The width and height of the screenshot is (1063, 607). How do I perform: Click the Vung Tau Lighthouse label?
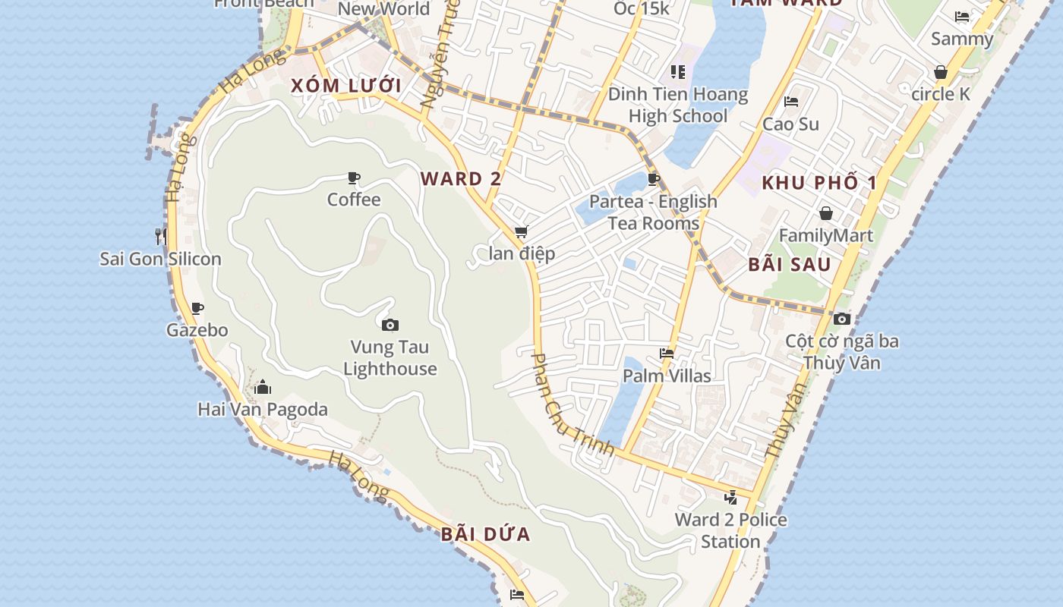tap(390, 358)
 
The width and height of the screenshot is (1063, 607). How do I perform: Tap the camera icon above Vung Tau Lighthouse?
tap(390, 325)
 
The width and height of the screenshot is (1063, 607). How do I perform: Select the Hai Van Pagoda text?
tap(263, 410)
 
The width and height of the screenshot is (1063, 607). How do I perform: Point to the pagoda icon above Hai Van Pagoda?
tap(263, 387)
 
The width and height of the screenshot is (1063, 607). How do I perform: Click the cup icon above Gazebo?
tap(197, 308)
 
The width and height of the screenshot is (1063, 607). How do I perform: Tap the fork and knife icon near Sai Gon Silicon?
tap(161, 236)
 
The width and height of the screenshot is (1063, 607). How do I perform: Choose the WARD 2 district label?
tap(461, 179)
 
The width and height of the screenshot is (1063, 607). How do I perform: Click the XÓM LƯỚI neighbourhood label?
tap(345, 86)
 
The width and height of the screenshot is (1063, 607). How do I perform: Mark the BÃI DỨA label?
tap(486, 534)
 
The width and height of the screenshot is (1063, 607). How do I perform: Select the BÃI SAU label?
tap(790, 265)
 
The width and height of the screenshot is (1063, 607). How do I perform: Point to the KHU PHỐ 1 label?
tap(819, 183)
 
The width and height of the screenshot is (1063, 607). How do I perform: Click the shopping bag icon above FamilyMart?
tap(826, 213)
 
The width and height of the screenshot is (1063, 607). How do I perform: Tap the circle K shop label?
tap(941, 94)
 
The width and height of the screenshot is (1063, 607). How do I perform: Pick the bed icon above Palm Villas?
tap(667, 354)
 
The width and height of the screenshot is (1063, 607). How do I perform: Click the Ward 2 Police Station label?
tap(730, 530)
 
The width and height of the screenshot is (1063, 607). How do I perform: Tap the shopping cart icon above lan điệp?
tap(521, 231)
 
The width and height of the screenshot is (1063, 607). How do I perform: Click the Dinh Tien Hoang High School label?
tap(678, 105)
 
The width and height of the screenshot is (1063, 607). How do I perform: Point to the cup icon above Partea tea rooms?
tap(653, 179)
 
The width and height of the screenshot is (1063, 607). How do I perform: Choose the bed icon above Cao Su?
tap(791, 102)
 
